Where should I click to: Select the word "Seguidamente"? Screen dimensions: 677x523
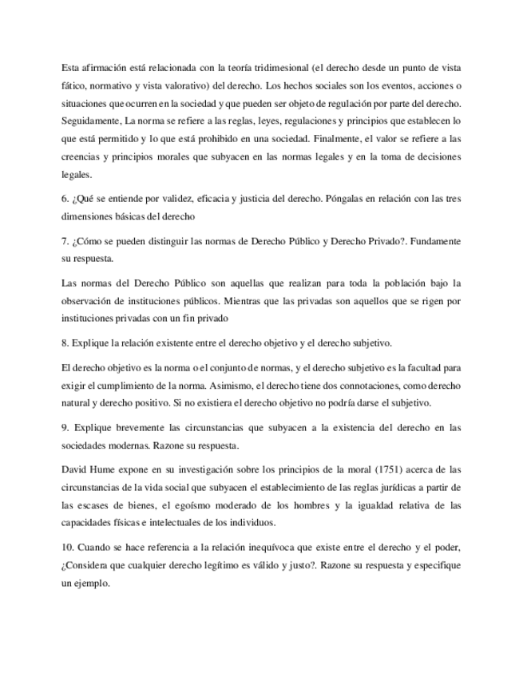[x=89, y=121]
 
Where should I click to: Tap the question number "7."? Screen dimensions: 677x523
[x=65, y=241]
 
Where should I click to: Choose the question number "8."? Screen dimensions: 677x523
[x=65, y=344]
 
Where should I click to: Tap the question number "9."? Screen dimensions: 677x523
[x=65, y=429]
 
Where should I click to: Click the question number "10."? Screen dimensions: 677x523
[x=68, y=548]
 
